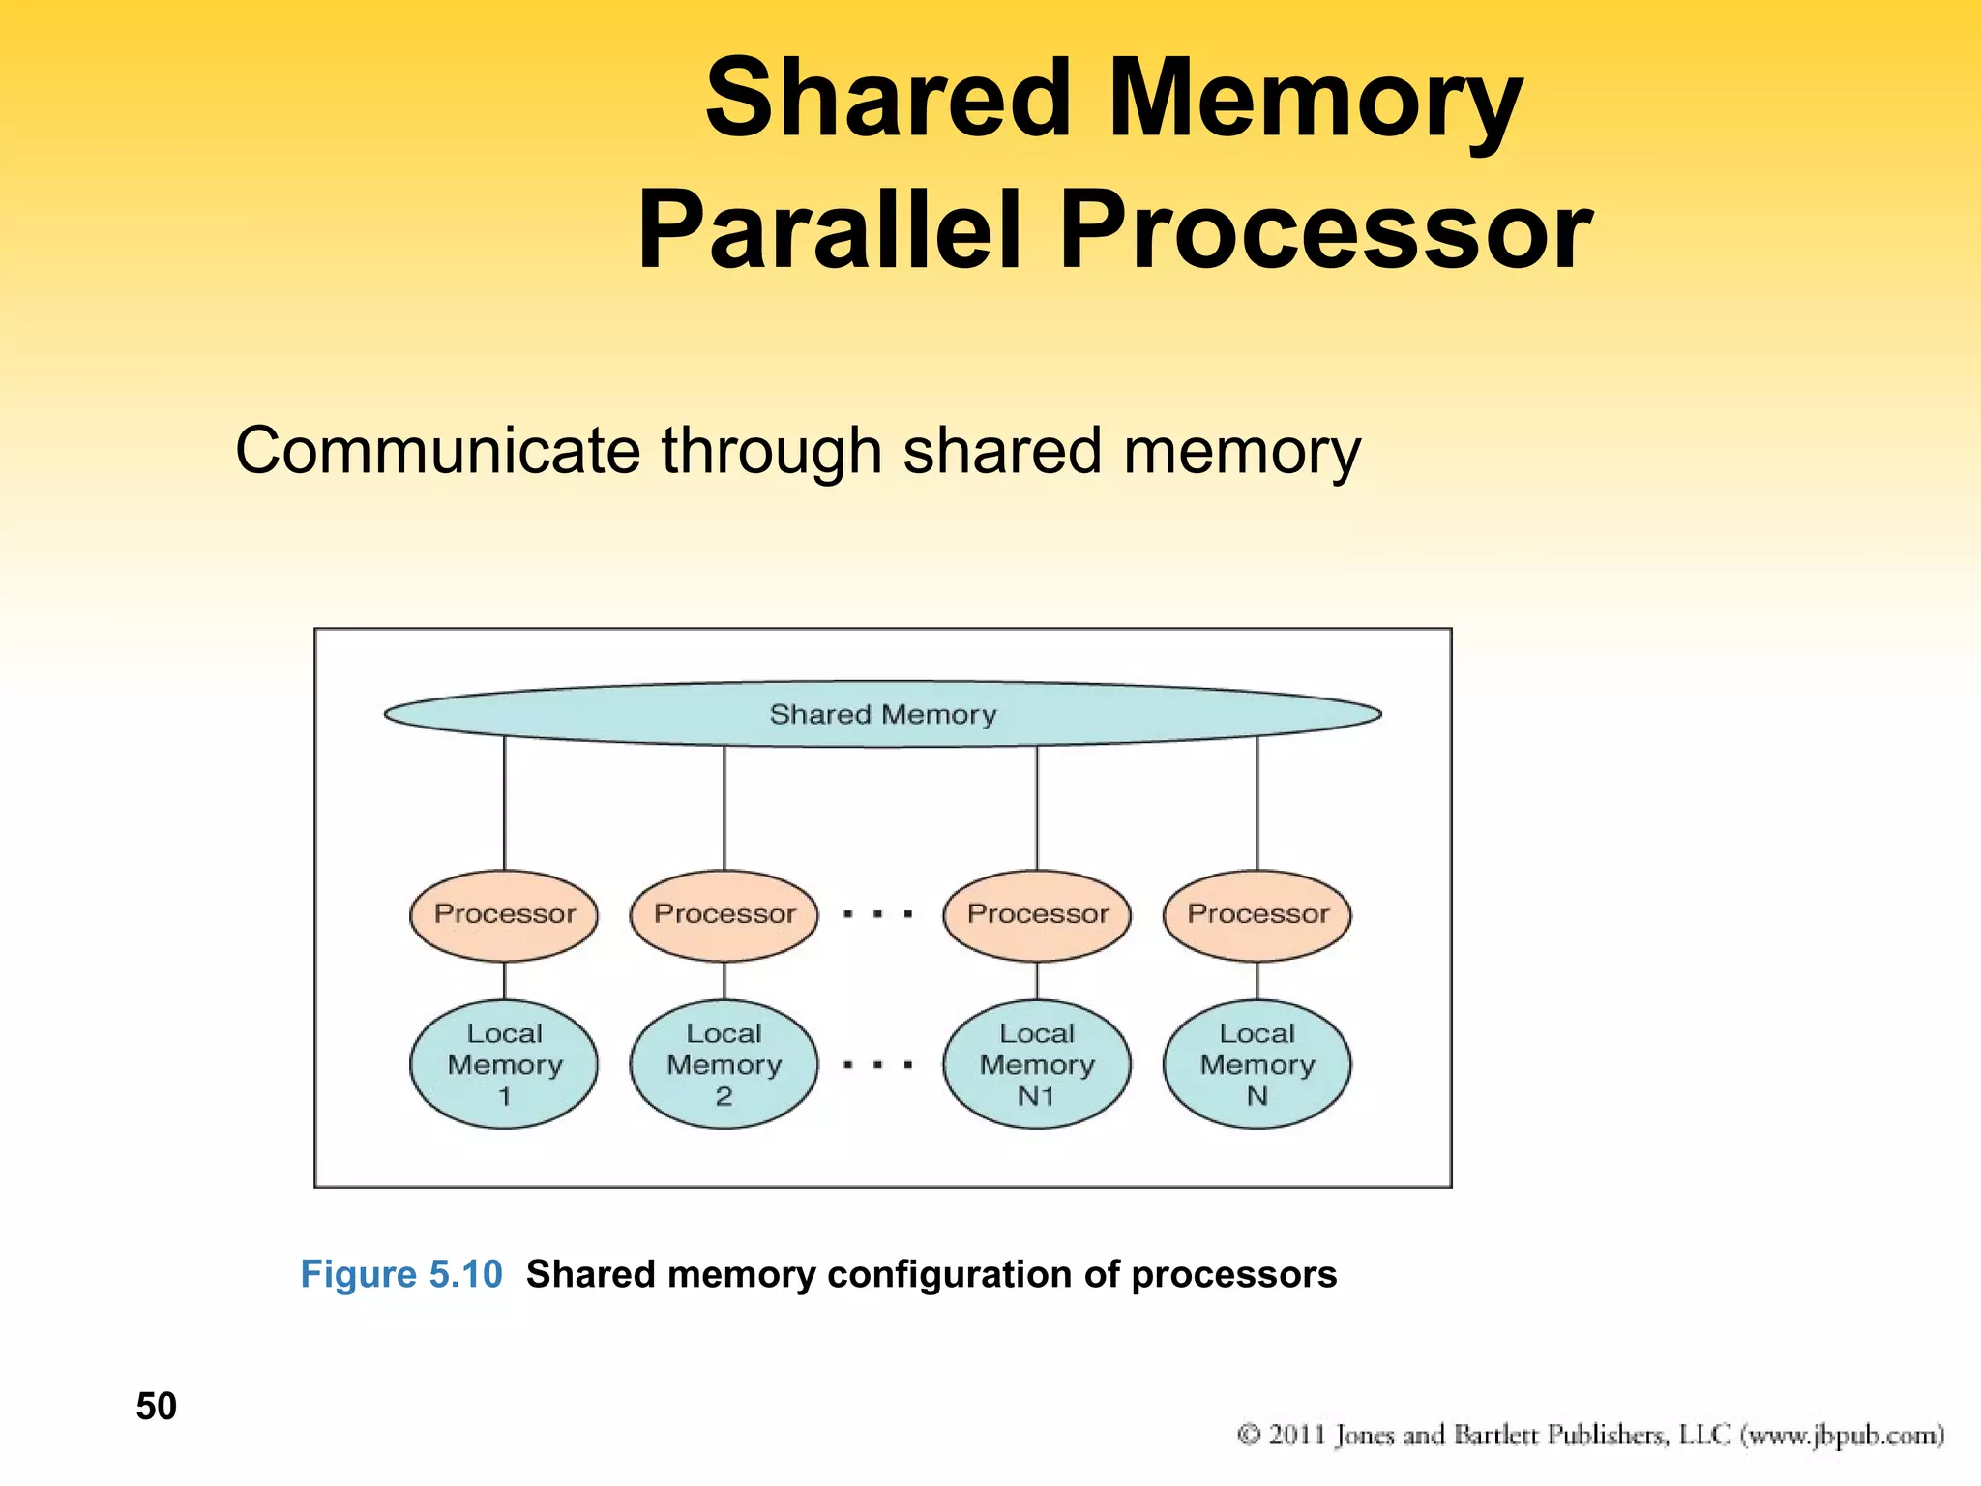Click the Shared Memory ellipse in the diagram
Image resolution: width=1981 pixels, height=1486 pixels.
coord(882,714)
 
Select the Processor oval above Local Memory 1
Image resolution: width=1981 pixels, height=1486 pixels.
coord(504,914)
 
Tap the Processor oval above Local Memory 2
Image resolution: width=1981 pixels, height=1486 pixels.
coord(724,914)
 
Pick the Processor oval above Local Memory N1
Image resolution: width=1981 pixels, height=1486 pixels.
coord(1037,914)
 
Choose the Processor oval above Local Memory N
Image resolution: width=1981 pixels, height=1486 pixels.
coord(1257,914)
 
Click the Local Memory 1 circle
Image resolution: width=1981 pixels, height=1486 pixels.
coord(504,1064)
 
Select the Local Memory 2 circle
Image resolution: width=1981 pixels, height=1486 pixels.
coord(724,1064)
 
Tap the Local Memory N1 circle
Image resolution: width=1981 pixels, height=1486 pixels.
coord(1037,1064)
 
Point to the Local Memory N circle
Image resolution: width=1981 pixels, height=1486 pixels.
coord(1257,1064)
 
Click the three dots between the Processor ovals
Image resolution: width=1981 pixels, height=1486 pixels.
coord(878,914)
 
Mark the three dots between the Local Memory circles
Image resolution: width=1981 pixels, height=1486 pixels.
coord(878,1065)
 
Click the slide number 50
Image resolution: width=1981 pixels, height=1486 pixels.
coord(156,1406)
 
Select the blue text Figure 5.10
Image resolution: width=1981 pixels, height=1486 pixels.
coord(401,1274)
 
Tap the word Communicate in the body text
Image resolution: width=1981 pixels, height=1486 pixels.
coord(437,451)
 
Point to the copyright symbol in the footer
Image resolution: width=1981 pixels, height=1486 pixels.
coord(1249,1434)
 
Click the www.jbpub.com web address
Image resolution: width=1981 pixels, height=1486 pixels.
coord(1843,1434)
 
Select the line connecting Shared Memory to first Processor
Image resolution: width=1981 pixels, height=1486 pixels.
coord(504,803)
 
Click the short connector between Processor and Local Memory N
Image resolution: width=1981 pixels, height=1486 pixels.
coord(1257,981)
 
